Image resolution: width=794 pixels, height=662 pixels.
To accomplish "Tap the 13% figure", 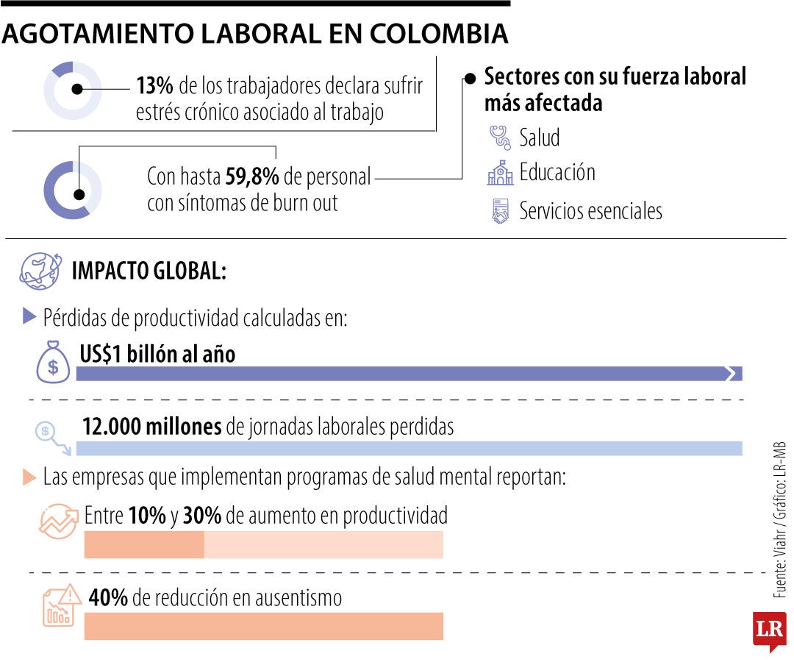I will tap(155, 87).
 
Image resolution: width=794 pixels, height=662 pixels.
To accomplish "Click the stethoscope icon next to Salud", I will tap(499, 137).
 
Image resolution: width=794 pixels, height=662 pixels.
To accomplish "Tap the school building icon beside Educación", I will tap(499, 174).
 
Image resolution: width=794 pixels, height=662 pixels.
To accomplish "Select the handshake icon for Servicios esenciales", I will tap(500, 212).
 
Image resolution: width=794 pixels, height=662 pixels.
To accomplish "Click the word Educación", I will tap(557, 173).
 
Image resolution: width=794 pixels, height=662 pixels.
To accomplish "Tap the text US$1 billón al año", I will tap(157, 354).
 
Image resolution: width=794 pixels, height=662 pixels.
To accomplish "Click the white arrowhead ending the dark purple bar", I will tap(730, 374).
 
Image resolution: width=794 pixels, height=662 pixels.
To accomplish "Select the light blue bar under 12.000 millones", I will tap(409, 449).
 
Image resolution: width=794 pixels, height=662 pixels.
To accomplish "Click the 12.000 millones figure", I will tap(151, 427).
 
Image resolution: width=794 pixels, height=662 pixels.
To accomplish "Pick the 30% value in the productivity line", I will tap(202, 516).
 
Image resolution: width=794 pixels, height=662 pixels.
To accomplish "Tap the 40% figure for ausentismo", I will tap(108, 597).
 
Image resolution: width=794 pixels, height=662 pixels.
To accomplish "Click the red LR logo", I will tap(769, 630).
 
